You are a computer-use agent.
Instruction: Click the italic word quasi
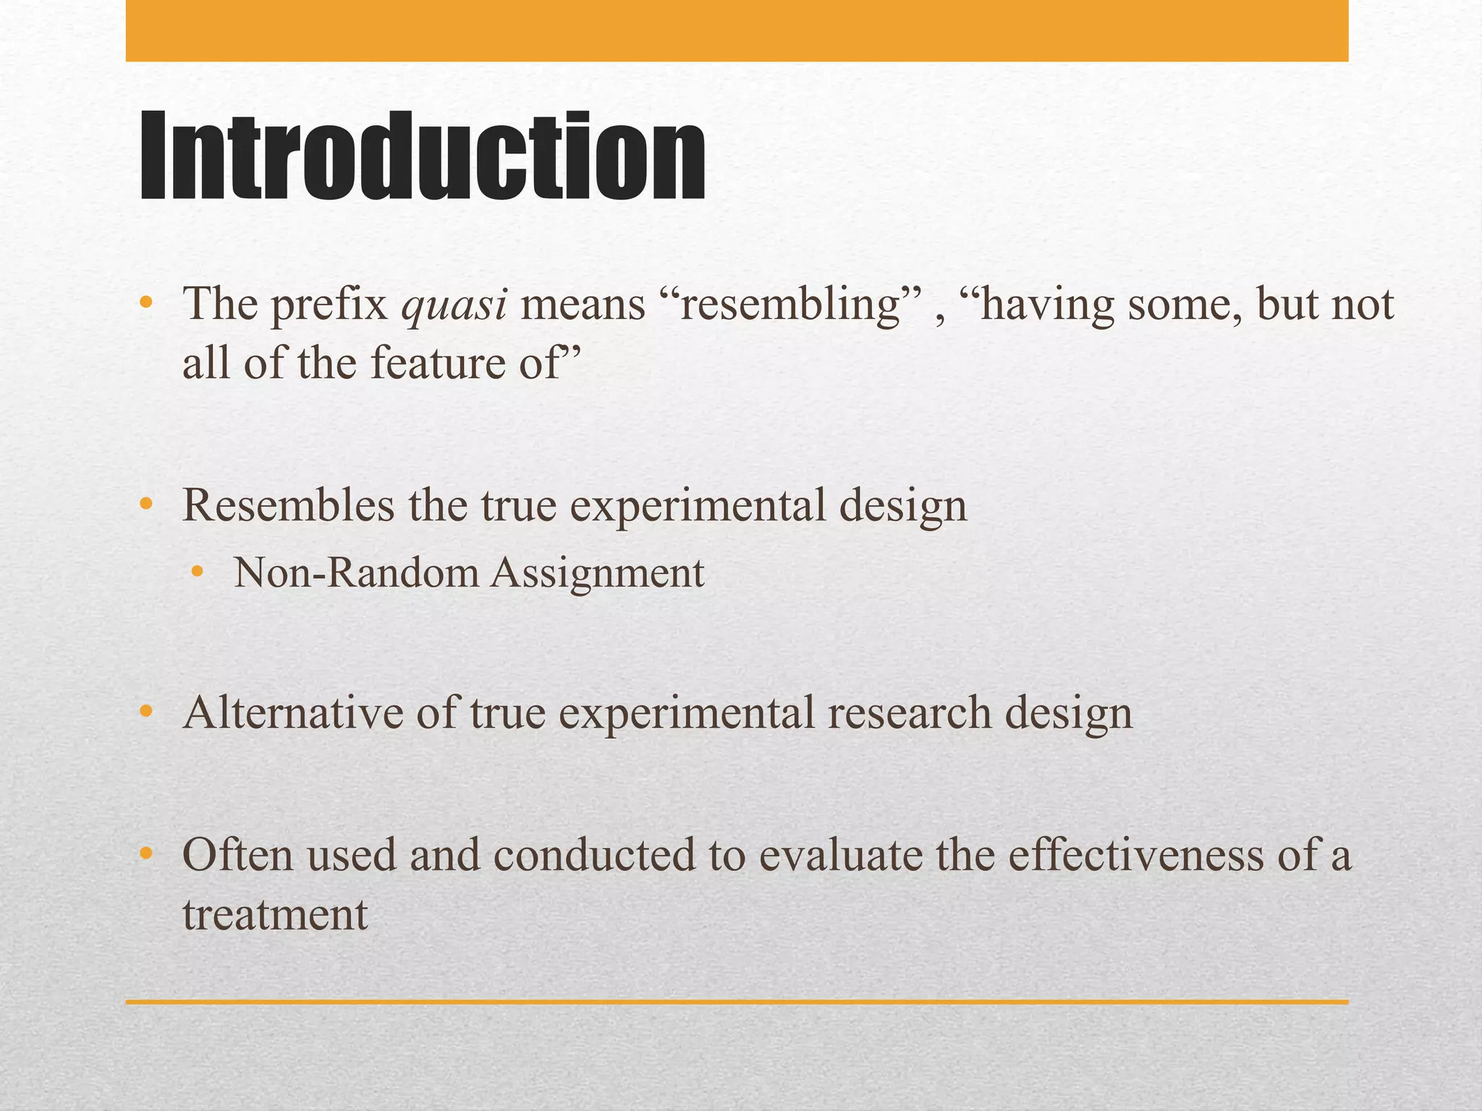(454, 305)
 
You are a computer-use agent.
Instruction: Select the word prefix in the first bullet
(329, 305)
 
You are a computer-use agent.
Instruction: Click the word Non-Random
(356, 574)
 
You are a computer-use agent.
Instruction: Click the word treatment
(275, 914)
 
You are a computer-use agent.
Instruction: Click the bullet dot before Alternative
(146, 712)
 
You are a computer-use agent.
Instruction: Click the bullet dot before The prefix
(146, 302)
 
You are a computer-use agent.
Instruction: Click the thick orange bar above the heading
(737, 30)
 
